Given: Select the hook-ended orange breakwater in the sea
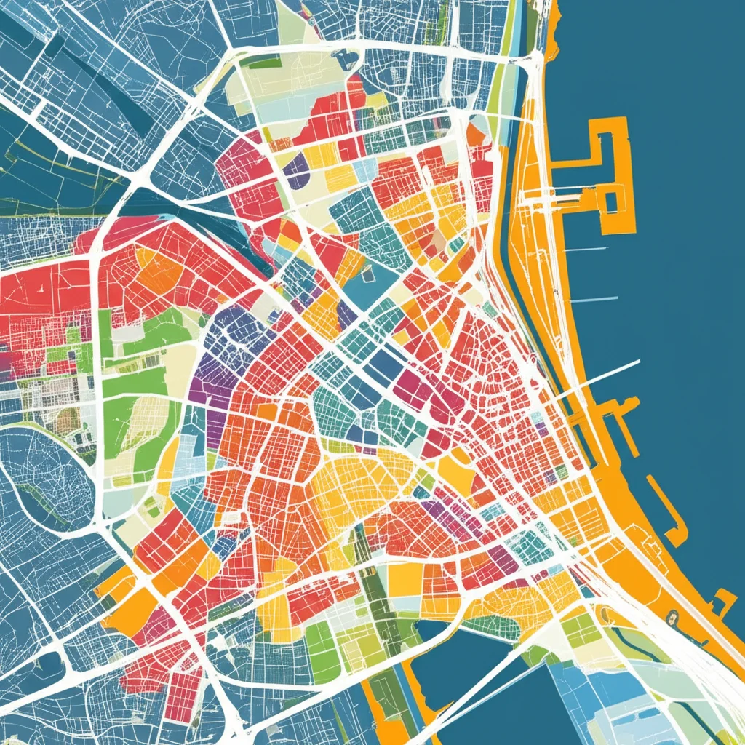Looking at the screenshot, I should click(670, 514).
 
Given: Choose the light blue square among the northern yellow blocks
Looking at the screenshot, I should click(364, 169).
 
